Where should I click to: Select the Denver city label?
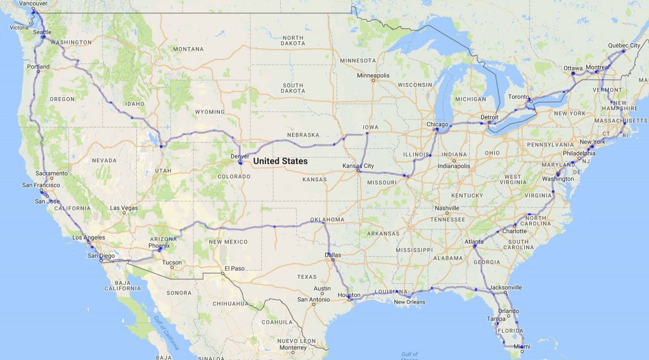coord(240,155)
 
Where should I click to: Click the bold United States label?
coord(280,162)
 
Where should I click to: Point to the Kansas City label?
coord(358,165)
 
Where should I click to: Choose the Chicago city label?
coord(437,124)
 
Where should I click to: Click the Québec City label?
coord(624,45)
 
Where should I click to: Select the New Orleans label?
coord(408,302)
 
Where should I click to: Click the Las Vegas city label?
coord(124,208)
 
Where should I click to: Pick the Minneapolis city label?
coord(373,75)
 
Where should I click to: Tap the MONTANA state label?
coord(188,49)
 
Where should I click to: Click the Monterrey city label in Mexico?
coord(292,347)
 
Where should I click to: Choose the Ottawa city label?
coord(573,68)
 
